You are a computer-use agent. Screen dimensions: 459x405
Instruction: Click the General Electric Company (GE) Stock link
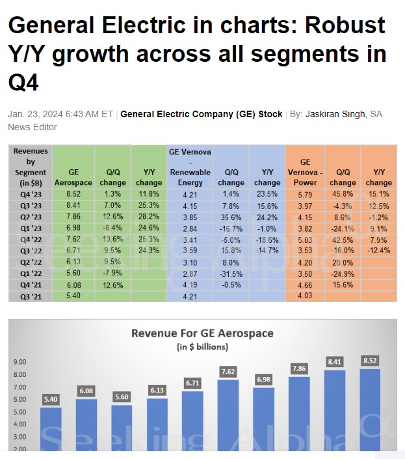(202, 114)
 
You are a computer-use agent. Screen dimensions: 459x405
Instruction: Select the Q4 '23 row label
(31, 193)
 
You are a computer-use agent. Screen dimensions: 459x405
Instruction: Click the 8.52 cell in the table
(73, 193)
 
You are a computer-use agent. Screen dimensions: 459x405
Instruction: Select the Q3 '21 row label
(31, 296)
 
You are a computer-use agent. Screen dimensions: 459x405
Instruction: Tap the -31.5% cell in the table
(230, 273)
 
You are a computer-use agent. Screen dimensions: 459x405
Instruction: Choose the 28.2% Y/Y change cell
(148, 216)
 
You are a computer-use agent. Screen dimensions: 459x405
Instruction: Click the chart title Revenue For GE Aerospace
(202, 333)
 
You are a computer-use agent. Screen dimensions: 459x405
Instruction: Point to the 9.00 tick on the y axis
(20, 362)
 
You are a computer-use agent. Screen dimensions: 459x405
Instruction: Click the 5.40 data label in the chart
(51, 398)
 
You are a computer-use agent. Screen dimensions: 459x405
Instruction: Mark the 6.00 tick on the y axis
(20, 399)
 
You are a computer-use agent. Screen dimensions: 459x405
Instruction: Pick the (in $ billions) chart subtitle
(202, 346)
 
